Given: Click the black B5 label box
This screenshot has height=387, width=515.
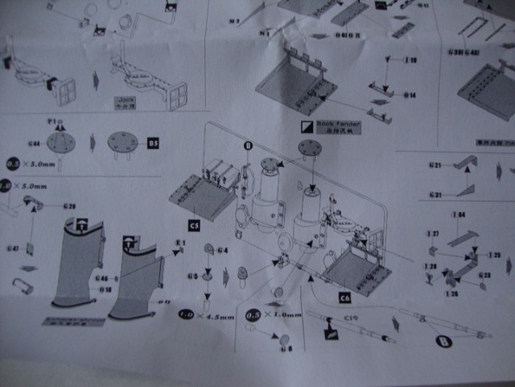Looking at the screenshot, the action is [154, 144].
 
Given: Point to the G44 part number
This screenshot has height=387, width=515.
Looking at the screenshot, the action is [34, 143].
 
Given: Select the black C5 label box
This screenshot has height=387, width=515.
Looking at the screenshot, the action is [194, 225].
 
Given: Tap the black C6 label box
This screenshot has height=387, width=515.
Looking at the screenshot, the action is [344, 298].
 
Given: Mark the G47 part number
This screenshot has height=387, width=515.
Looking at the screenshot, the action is [13, 248].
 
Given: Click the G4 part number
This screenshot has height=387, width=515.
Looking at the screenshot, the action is [223, 250].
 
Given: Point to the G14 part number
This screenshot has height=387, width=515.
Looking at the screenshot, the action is [410, 95].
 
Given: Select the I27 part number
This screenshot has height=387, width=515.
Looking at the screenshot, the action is [433, 234].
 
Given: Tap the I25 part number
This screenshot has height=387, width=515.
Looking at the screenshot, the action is [493, 255].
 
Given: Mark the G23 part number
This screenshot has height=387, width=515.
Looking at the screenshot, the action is [484, 275].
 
